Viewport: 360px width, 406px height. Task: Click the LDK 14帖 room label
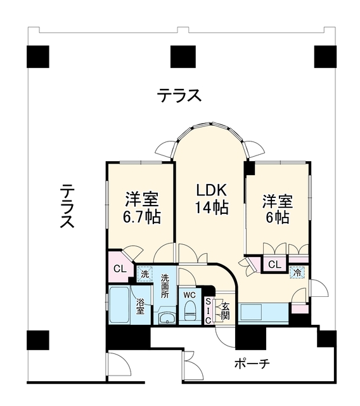[x=212, y=199]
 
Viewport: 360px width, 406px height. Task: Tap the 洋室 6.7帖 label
[x=142, y=208]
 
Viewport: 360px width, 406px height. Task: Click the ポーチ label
[x=252, y=363]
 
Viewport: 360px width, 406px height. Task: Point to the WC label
[x=190, y=295]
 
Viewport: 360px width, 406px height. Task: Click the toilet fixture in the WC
[x=190, y=311]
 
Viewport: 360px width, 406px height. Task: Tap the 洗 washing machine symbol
[x=145, y=275]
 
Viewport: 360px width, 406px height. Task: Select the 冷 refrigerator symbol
[x=297, y=272]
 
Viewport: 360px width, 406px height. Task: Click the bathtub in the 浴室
[x=119, y=305]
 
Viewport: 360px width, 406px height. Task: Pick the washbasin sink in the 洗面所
[x=167, y=317]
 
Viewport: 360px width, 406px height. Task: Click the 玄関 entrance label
[x=226, y=311]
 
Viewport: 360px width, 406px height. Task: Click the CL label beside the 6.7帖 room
[x=120, y=269]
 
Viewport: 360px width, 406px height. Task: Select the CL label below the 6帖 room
[x=274, y=265]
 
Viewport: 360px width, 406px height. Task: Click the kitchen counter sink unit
[x=263, y=313]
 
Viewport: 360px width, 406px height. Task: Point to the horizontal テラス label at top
[x=179, y=95]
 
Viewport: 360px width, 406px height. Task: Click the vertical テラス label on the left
[x=67, y=206]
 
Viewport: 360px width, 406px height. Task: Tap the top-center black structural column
[x=183, y=56]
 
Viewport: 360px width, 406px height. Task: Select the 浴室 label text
[x=141, y=306]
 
